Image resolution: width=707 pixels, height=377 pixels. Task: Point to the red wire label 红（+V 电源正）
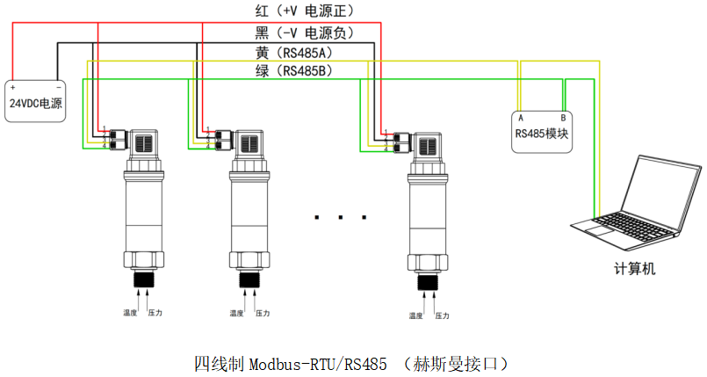coord(302,11)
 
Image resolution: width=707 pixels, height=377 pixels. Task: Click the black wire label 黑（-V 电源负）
coord(302,33)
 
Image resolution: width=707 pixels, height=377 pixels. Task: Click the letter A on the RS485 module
coord(521,118)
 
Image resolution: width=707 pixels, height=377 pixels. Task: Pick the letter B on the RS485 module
coord(563,118)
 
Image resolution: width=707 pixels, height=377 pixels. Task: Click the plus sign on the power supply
coord(13,88)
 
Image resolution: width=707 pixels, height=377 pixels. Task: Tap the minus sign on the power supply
coord(58,88)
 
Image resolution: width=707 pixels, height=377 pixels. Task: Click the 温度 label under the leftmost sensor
coord(130,313)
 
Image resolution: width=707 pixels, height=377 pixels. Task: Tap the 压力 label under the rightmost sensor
coord(442,314)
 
